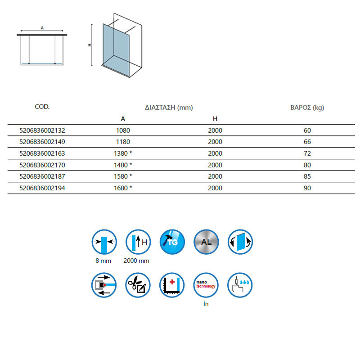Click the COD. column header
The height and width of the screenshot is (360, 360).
(42, 107)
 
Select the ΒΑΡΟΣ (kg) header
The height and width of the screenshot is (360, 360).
(307, 108)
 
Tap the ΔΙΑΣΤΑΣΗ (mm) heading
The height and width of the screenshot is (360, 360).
(169, 108)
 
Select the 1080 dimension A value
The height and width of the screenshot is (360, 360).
(123, 130)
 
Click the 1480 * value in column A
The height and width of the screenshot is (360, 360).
(123, 165)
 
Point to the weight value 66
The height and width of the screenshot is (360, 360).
(307, 142)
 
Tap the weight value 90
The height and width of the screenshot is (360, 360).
(307, 188)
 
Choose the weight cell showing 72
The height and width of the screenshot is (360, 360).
(307, 153)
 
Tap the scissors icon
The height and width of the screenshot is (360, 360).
(138, 285)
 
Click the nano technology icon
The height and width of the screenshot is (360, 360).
(206, 285)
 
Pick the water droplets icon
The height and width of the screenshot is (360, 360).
(240, 285)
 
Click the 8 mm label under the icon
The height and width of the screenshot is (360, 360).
(103, 261)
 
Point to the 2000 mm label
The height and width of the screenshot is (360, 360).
(136, 261)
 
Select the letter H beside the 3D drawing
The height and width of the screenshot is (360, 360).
(90, 45)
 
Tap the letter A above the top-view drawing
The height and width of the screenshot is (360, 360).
(42, 28)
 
